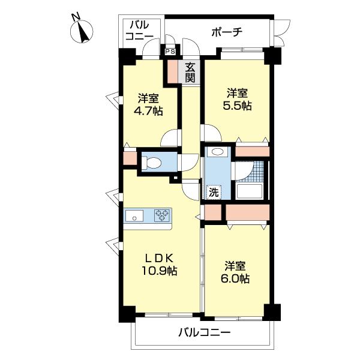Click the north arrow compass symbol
click(x=82, y=31)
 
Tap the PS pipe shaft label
click(x=170, y=52)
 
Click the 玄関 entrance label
click(x=190, y=73)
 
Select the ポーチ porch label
click(x=227, y=32)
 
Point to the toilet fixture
click(x=151, y=163)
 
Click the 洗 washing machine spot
click(x=214, y=192)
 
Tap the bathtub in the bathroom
click(x=250, y=191)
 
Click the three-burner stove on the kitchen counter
click(x=163, y=215)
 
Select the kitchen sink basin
click(x=134, y=216)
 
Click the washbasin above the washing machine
click(x=217, y=152)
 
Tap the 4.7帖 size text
click(x=148, y=112)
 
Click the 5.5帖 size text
click(x=237, y=106)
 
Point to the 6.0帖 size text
click(x=235, y=279)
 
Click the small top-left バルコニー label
click(x=139, y=31)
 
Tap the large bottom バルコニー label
click(x=205, y=332)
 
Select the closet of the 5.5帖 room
click(x=253, y=152)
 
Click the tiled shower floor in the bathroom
click(x=253, y=171)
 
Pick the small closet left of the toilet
click(x=130, y=158)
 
